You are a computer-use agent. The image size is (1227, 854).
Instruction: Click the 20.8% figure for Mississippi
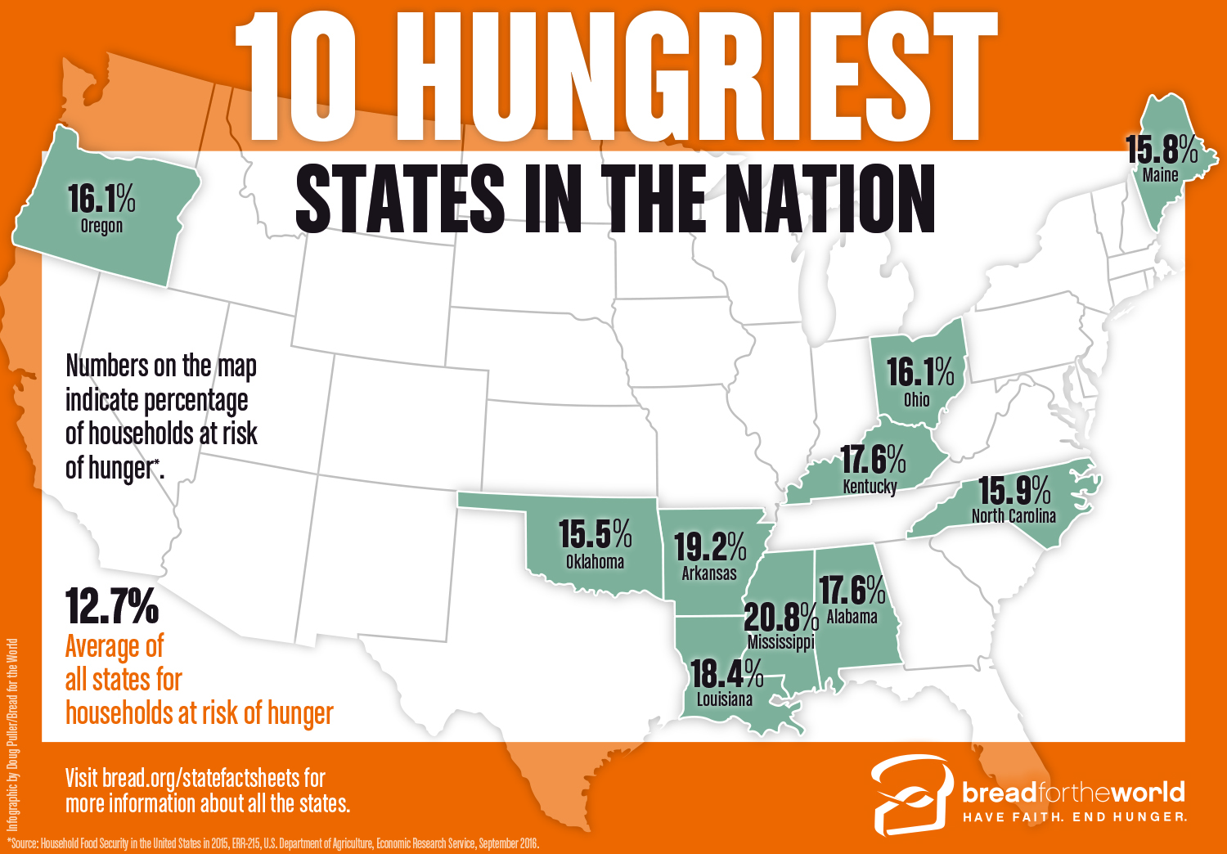(x=780, y=616)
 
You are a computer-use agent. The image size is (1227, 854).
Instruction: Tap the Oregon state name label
(x=101, y=226)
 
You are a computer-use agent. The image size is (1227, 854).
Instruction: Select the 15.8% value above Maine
(x=1162, y=150)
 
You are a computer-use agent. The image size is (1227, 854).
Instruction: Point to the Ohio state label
(x=916, y=399)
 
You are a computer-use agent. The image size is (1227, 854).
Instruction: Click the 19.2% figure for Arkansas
(x=709, y=546)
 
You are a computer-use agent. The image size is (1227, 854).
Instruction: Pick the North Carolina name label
(x=1014, y=516)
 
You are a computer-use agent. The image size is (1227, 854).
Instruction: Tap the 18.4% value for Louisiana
(x=726, y=674)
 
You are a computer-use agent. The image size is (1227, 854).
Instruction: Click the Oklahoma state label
(x=595, y=562)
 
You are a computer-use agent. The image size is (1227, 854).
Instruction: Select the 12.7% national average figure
(x=112, y=606)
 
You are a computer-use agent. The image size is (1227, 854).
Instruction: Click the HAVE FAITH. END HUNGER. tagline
(x=1074, y=817)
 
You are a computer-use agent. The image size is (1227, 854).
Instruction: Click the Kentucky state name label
(x=870, y=487)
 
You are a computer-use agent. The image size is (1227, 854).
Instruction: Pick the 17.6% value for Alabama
(x=852, y=589)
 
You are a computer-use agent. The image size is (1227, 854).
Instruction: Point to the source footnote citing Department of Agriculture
(x=274, y=843)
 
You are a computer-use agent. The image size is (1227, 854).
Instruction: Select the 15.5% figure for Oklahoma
(x=595, y=534)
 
